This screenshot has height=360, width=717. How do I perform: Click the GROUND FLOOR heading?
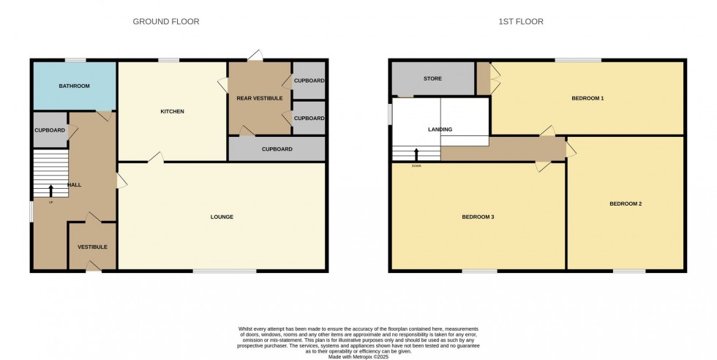tap(166, 22)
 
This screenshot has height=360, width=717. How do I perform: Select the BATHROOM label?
tap(74, 86)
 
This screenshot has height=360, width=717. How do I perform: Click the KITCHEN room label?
tap(173, 112)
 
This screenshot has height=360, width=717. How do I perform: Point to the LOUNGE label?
tap(222, 217)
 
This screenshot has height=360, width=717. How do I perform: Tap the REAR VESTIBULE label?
tap(260, 98)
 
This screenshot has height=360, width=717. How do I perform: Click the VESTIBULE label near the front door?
tap(93, 247)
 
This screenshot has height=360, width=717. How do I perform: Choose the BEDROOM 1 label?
tap(588, 97)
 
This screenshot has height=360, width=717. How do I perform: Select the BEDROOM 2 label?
tap(626, 203)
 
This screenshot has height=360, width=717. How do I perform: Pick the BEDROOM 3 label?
tap(478, 217)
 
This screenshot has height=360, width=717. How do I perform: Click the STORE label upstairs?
tap(432, 79)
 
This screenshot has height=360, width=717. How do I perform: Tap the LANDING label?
tap(440, 130)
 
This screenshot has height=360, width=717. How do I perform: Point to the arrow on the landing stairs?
tap(417, 154)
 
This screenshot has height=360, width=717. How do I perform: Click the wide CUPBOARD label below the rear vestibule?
tap(277, 149)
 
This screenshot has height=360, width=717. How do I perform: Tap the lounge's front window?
tap(225, 271)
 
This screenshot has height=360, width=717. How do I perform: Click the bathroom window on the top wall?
tap(75, 60)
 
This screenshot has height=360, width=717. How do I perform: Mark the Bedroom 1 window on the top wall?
tap(578, 60)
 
